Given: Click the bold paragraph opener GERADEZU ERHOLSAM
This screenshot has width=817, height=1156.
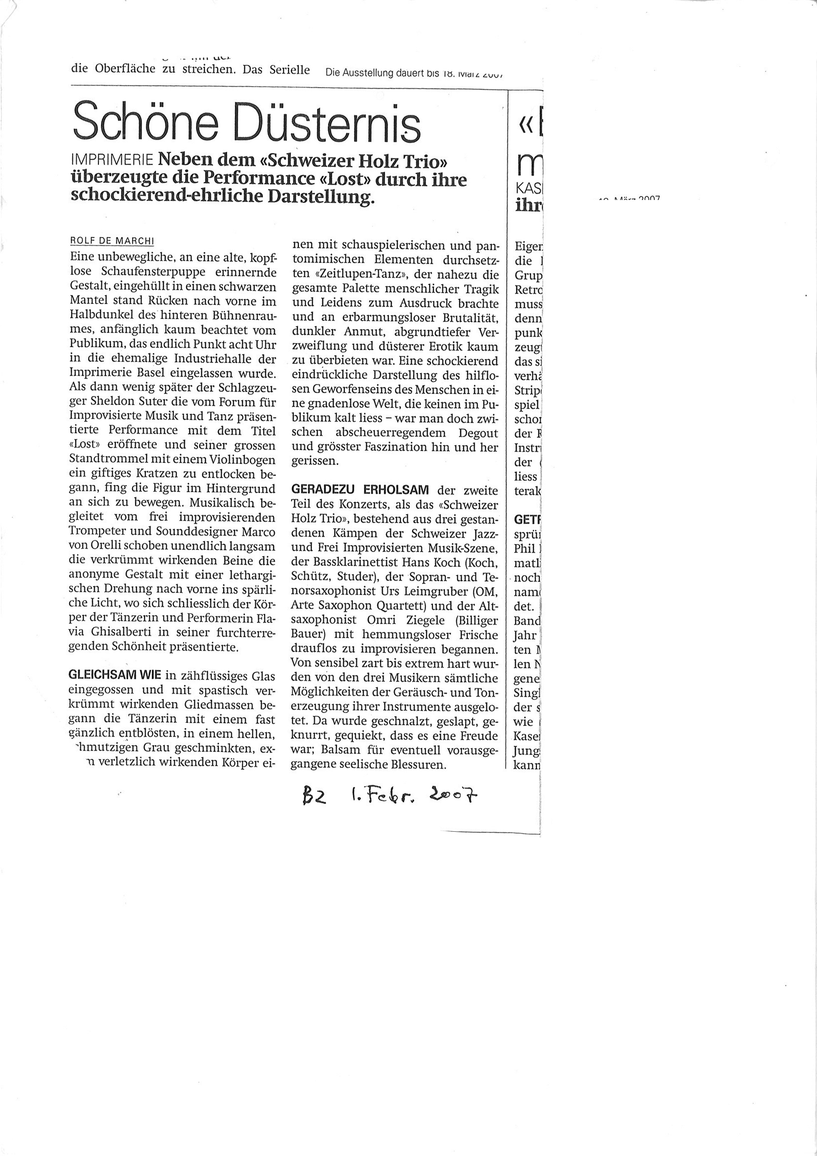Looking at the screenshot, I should (x=359, y=490).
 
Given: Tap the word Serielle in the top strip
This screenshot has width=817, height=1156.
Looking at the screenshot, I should (x=289, y=69).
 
